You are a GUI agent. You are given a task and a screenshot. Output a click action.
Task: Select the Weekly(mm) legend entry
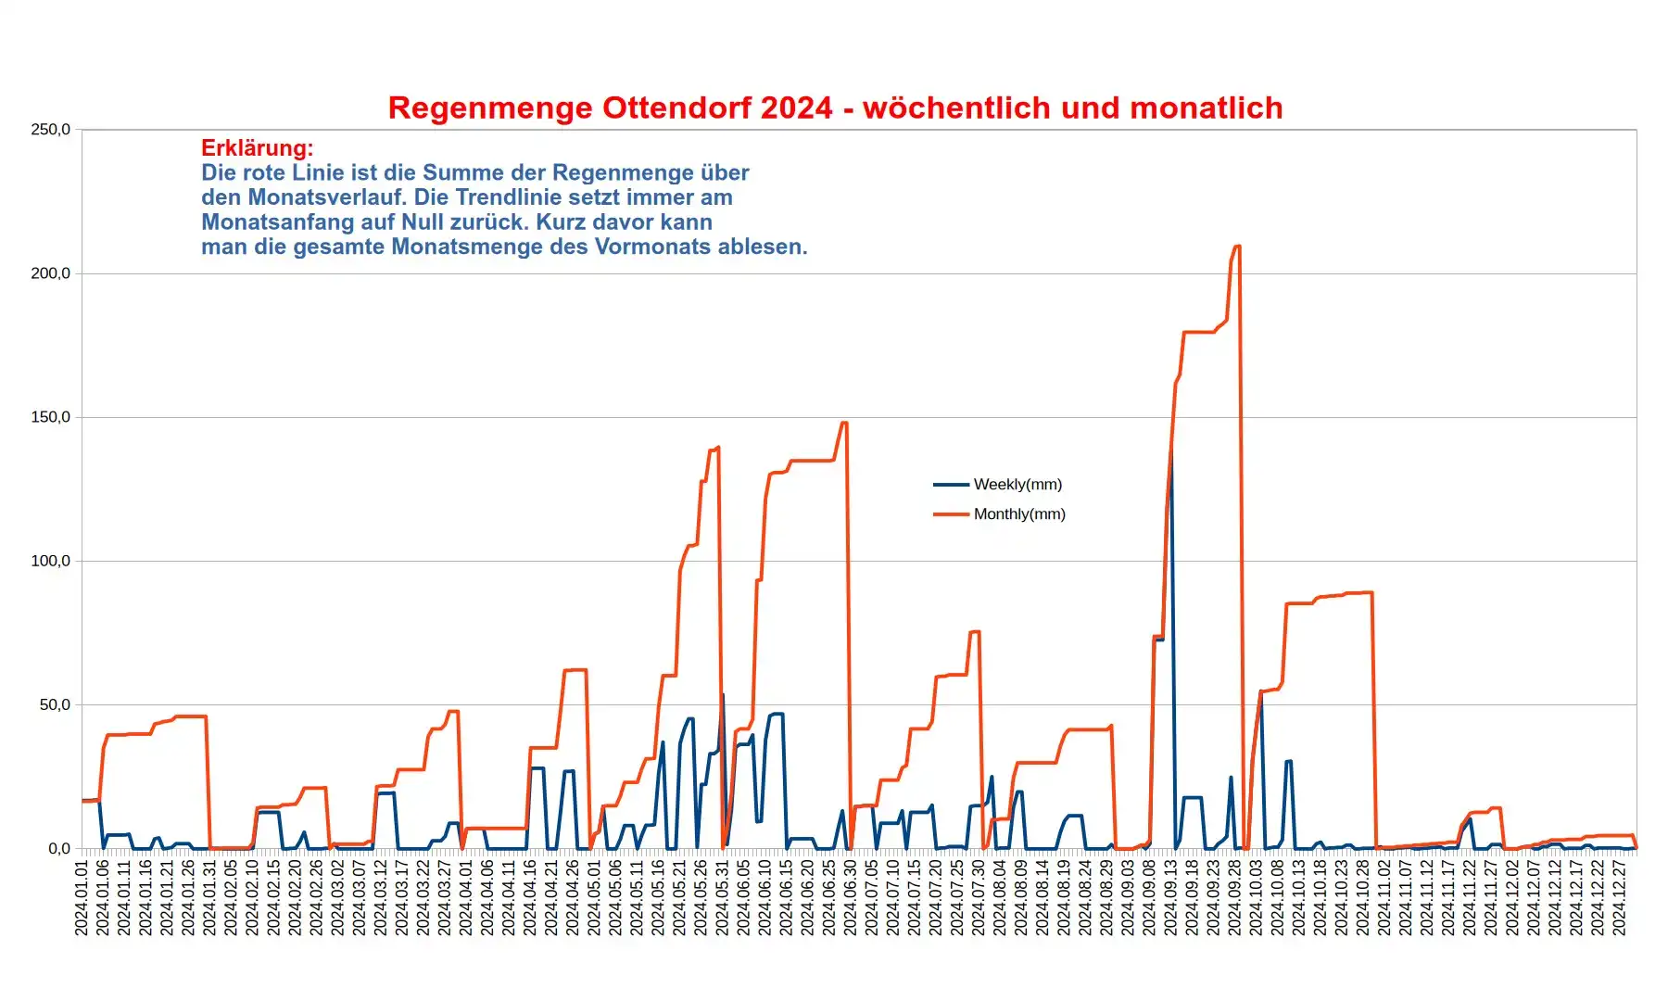(1017, 485)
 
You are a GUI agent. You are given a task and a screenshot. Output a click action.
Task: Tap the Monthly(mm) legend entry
(1018, 514)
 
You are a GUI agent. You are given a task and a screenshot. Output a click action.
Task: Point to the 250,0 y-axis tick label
(50, 130)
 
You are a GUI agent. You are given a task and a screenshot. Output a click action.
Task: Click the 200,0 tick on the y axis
(50, 273)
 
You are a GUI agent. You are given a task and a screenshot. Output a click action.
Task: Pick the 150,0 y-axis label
(50, 417)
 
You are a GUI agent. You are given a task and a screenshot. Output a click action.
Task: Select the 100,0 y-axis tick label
(50, 561)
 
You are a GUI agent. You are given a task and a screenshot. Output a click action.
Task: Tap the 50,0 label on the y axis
(54, 704)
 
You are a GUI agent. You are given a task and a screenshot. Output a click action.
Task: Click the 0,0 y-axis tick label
(58, 849)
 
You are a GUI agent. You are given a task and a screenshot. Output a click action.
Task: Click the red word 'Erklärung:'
(257, 148)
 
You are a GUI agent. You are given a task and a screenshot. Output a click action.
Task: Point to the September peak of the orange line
(1237, 247)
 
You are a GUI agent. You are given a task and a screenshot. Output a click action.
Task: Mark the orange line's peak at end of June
(844, 424)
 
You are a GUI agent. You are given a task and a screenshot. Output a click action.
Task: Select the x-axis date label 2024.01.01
(82, 897)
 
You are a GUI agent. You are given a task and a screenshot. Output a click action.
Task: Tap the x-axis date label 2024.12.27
(1619, 897)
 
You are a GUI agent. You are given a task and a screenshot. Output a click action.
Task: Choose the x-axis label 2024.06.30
(850, 897)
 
